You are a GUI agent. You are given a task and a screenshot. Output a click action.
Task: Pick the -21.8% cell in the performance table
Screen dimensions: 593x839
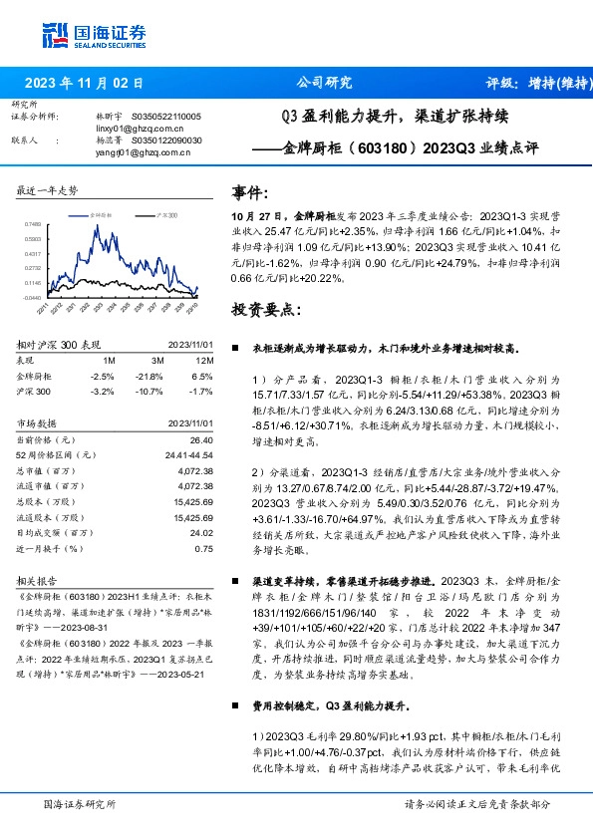[x=150, y=377]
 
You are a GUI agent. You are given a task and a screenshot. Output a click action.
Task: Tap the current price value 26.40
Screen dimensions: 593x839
[x=202, y=439]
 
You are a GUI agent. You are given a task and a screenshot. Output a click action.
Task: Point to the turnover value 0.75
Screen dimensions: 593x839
[x=203, y=548]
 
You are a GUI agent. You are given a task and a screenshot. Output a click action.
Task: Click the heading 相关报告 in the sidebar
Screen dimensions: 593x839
[x=38, y=579]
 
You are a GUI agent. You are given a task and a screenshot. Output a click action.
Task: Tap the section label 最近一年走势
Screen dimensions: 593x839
[x=47, y=189]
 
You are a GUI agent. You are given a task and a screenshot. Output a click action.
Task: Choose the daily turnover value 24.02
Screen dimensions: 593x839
[x=202, y=533]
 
